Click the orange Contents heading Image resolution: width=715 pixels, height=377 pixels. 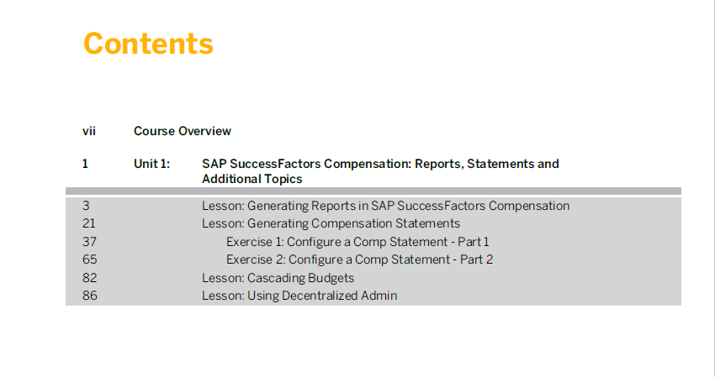[148, 44]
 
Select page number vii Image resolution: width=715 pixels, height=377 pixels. [89, 131]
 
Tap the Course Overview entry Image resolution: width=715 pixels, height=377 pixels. [183, 131]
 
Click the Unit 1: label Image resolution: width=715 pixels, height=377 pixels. [152, 164]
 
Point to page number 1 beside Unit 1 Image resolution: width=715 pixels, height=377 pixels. [85, 164]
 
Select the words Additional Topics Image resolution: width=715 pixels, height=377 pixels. [252, 179]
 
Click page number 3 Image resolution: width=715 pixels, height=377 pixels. [86, 206]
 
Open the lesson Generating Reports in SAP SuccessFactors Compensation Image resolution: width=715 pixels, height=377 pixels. [386, 206]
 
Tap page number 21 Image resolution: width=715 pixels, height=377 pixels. [89, 223]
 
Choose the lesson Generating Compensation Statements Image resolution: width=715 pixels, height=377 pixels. [331, 223]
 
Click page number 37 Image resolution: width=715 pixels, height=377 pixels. [89, 242]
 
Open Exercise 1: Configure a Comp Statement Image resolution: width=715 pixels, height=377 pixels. [357, 242]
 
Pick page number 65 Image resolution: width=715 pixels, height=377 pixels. [90, 259]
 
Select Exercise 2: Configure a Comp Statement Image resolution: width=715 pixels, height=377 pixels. [360, 259]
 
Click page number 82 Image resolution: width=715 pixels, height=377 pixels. [89, 278]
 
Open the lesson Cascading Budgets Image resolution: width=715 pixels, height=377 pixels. [278, 278]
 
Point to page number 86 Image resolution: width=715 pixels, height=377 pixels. [90, 296]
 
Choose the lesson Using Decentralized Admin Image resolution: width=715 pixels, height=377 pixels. [299, 296]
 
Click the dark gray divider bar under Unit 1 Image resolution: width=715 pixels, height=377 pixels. [373, 191]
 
